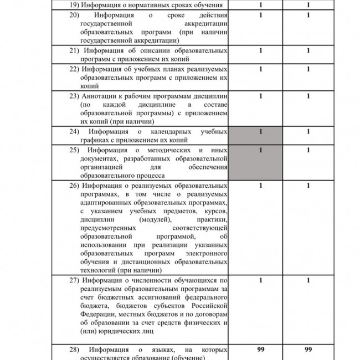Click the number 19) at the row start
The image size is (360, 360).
(75, 5)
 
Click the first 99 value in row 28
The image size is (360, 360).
(261, 349)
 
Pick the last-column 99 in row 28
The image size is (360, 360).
(308, 349)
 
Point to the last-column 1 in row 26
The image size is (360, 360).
(308, 185)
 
